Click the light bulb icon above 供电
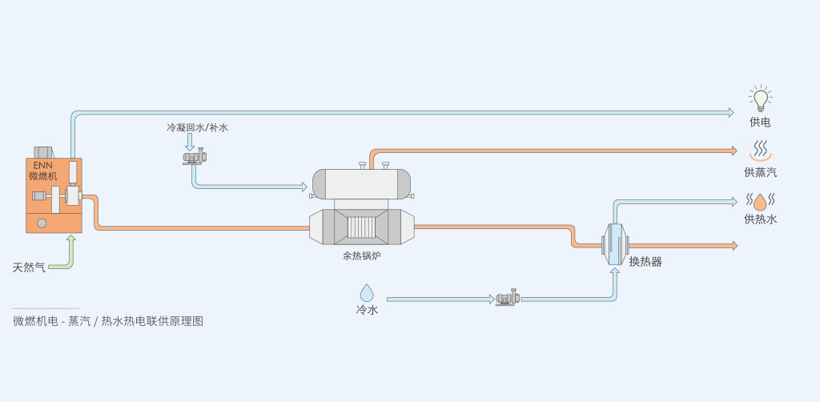761,98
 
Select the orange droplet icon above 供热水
760,202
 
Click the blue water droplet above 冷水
367,293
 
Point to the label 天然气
29,267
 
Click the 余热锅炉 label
362,256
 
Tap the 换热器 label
645,262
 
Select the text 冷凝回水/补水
197,127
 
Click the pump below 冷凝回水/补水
195,157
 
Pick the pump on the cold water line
507,297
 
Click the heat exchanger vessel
615,244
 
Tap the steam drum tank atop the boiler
361,184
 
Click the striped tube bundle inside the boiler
361,227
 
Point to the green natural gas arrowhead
71,239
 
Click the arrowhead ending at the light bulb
730,112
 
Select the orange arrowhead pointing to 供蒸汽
734,151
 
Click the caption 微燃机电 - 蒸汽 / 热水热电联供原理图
108,321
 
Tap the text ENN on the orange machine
42,165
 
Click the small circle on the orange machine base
42,223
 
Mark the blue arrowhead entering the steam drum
304,186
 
